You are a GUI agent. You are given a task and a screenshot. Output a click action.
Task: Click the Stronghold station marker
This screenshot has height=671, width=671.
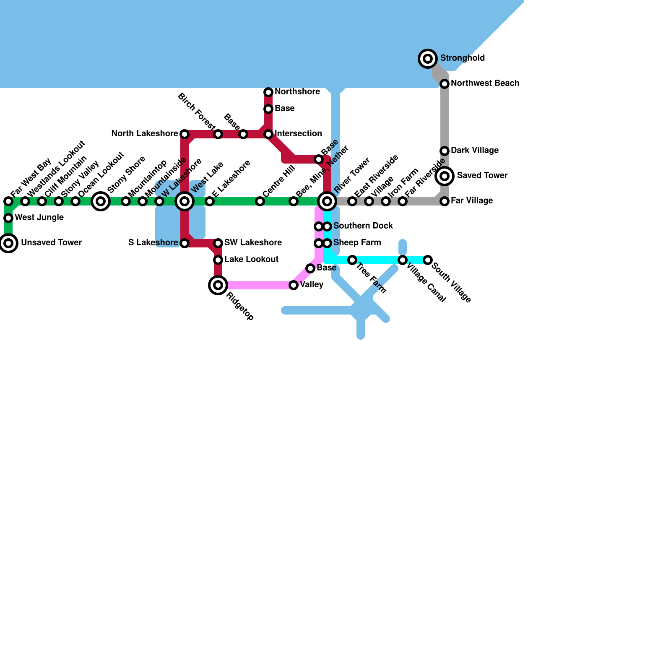(x=428, y=59)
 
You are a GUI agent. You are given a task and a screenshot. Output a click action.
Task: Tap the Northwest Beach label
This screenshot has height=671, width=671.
(x=485, y=83)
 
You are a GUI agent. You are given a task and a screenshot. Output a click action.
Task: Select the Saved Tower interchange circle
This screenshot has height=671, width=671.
(x=445, y=176)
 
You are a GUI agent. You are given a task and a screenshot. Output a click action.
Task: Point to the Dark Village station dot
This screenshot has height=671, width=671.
(x=445, y=151)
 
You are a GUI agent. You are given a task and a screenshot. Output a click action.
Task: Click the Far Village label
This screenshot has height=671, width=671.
(x=471, y=201)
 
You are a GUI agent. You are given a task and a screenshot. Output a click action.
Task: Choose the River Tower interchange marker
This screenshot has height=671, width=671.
(x=327, y=201)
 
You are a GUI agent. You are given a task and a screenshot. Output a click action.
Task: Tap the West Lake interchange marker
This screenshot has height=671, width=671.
(x=185, y=201)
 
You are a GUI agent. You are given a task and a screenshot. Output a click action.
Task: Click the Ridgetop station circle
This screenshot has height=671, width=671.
(x=218, y=285)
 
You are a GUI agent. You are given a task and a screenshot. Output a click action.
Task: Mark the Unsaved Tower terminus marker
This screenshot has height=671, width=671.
(x=8, y=243)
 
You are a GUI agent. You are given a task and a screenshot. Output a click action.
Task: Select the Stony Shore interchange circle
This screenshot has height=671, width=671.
(x=101, y=201)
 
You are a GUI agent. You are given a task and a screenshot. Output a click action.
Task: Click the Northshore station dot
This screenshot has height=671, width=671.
(x=268, y=92)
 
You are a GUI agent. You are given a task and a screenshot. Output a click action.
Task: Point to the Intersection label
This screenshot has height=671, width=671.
(x=298, y=134)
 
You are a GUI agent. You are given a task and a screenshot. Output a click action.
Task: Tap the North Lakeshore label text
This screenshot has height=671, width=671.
(x=144, y=134)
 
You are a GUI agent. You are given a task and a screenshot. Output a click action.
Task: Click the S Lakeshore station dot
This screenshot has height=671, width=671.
(x=185, y=243)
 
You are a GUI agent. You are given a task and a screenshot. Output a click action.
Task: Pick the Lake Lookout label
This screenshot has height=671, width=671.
(x=251, y=260)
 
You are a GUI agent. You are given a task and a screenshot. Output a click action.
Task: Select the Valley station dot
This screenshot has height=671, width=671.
(x=294, y=285)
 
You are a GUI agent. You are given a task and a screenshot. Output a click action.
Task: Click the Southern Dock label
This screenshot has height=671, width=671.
(x=363, y=226)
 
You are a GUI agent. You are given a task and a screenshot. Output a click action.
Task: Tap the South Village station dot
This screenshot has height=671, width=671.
(x=428, y=260)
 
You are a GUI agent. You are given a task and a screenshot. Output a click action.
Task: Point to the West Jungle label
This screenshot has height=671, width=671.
(x=39, y=218)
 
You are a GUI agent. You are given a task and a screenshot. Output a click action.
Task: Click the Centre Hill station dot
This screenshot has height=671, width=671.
(x=260, y=201)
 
